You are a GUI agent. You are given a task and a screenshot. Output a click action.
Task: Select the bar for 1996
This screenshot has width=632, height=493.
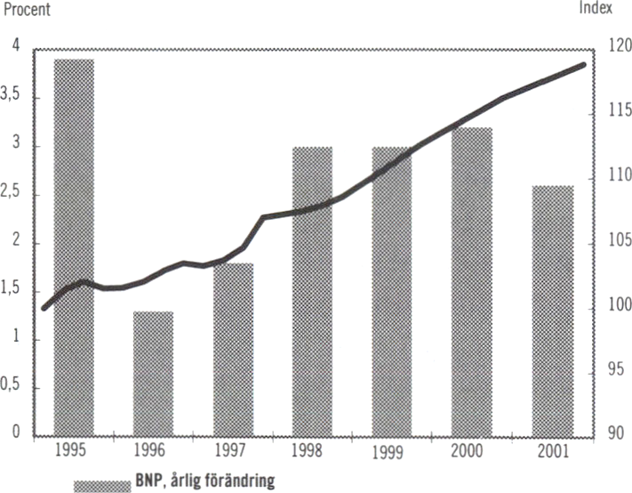pos(153,374)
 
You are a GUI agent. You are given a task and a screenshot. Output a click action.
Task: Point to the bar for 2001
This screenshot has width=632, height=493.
pos(553,311)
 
